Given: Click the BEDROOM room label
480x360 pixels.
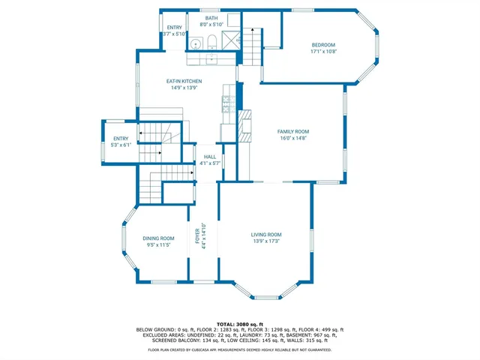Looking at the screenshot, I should coord(323,44).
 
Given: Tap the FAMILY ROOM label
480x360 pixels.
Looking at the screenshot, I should coord(294,131).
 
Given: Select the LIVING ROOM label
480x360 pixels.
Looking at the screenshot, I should coord(265,235).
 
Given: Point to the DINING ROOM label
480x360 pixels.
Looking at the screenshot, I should coord(158,238).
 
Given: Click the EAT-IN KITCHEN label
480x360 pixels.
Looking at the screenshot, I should coord(183,81).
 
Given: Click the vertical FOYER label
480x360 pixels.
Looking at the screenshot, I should coord(199,235).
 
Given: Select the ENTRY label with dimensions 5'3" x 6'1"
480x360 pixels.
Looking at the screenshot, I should coord(121,139).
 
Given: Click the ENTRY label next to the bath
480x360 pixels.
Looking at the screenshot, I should coord(174,28).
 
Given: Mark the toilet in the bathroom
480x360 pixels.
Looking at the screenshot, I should coord(211,42).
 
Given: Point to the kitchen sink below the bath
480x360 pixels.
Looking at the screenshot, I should coord(212,56).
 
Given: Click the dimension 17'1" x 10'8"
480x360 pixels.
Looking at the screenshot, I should coord(323,51).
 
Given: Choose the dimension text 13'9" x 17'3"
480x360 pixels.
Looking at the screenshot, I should coord(265,241).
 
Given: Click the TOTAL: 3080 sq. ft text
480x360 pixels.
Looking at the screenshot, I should coord(239,324).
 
